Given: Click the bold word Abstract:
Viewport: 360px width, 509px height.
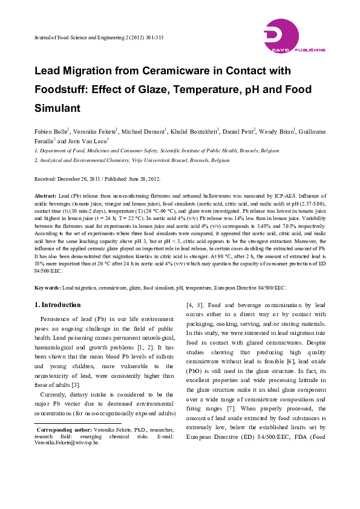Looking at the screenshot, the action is [45, 196].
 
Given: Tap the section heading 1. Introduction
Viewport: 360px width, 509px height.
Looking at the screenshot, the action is [57, 305].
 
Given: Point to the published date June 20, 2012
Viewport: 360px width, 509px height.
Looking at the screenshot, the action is [145, 180].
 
